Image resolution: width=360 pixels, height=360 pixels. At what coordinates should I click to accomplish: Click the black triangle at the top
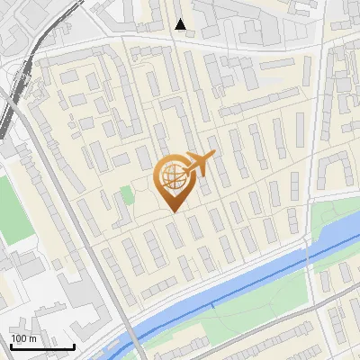181,24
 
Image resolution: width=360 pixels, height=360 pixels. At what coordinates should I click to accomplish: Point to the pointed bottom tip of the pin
175,211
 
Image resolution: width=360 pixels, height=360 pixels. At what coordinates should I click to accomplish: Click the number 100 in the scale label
17,337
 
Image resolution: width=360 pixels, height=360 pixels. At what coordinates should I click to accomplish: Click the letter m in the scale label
31,337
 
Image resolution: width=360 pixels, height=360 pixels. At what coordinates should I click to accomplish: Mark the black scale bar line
42,346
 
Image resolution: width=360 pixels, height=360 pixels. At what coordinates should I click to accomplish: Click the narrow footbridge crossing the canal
212,306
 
